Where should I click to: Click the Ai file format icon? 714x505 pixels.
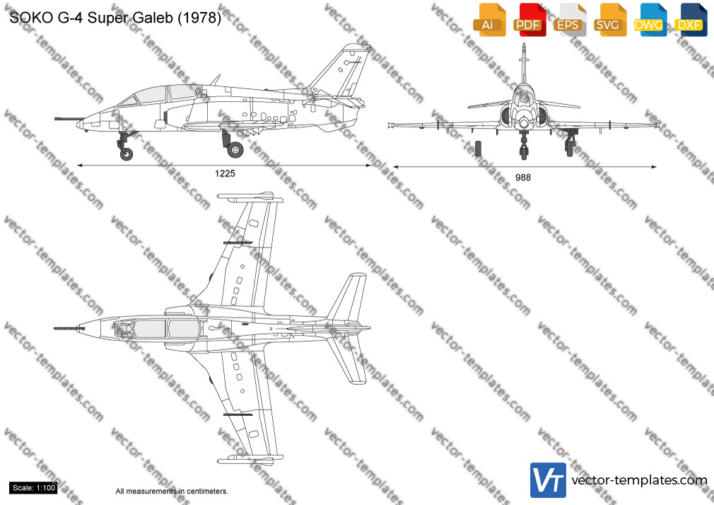[490, 20]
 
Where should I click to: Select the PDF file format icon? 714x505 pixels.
[529, 20]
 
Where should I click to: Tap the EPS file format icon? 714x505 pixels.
[570, 20]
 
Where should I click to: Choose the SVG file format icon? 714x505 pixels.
[609, 20]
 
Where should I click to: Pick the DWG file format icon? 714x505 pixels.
[650, 20]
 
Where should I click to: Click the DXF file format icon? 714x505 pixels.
[691, 20]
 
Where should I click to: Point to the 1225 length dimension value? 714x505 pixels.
[225, 174]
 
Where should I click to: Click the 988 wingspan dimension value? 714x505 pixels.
[522, 178]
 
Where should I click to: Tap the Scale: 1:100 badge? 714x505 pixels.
[34, 488]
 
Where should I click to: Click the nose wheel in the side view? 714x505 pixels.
[127, 154]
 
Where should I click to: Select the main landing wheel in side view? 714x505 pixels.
[235, 149]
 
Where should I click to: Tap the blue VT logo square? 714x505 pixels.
[549, 480]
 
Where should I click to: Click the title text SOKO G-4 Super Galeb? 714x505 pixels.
[115, 17]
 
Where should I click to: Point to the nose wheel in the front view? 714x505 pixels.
[524, 152]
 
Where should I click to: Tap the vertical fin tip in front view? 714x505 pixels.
[524, 45]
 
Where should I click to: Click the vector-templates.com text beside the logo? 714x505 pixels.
[639, 480]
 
